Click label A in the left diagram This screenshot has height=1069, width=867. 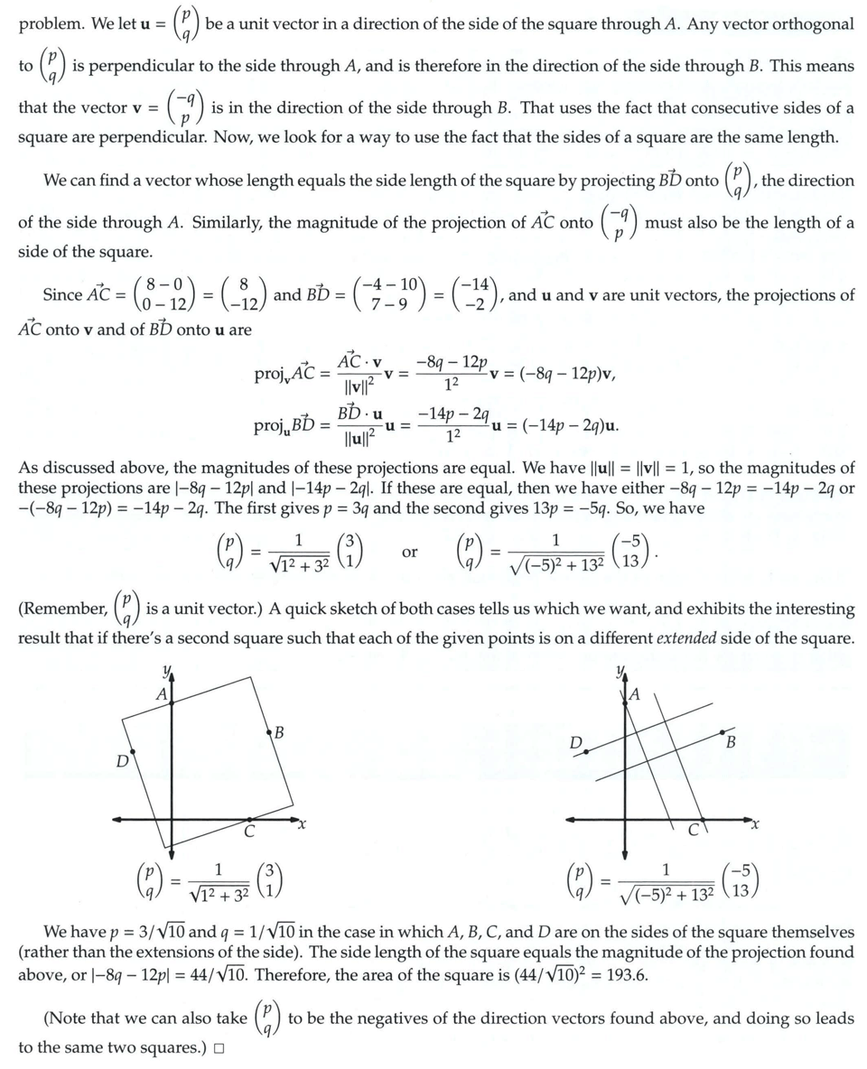point(162,694)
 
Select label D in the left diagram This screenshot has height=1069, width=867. point(121,761)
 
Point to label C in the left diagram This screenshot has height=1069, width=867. point(249,832)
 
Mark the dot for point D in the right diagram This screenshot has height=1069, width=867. point(586,751)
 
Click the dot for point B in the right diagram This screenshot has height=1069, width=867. point(720,732)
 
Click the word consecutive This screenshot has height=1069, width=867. point(739,107)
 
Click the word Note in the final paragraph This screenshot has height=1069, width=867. point(68,1018)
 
